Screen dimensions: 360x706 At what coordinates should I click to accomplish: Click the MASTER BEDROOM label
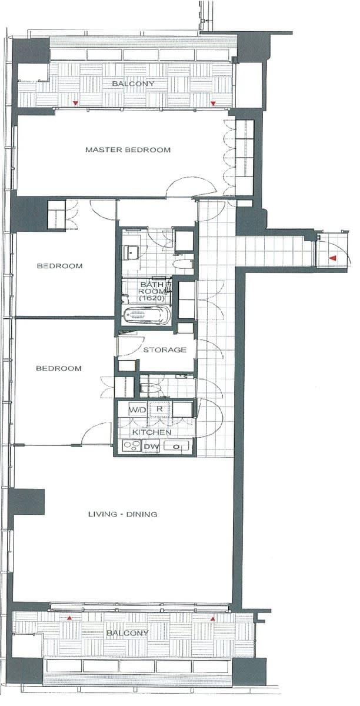[x=128, y=149]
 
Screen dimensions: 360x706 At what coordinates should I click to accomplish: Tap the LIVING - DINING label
[x=122, y=514]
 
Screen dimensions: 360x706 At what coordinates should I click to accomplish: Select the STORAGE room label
[x=165, y=349]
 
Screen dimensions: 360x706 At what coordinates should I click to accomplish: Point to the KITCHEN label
[x=152, y=432]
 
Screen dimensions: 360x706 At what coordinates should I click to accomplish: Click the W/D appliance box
[x=138, y=409]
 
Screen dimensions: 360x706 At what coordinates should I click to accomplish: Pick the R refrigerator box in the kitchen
[x=160, y=409]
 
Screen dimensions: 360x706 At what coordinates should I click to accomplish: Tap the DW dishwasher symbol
[x=151, y=447]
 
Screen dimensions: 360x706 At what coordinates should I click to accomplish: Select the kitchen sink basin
[x=176, y=447]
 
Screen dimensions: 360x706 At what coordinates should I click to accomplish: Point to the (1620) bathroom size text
[x=152, y=298]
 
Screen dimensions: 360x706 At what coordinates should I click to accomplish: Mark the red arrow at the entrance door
[x=333, y=258]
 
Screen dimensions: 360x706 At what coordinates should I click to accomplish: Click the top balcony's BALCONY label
[x=133, y=84]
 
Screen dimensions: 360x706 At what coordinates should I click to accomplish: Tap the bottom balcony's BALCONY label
[x=128, y=632]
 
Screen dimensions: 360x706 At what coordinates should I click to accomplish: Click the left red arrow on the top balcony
[x=75, y=103]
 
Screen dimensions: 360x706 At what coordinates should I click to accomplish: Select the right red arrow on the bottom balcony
[x=213, y=619]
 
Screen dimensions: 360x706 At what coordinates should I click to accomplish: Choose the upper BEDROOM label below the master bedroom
[x=60, y=266]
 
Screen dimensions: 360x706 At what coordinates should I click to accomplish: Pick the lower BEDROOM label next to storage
[x=59, y=368]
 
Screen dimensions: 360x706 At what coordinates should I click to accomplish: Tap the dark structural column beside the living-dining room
[x=26, y=502]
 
